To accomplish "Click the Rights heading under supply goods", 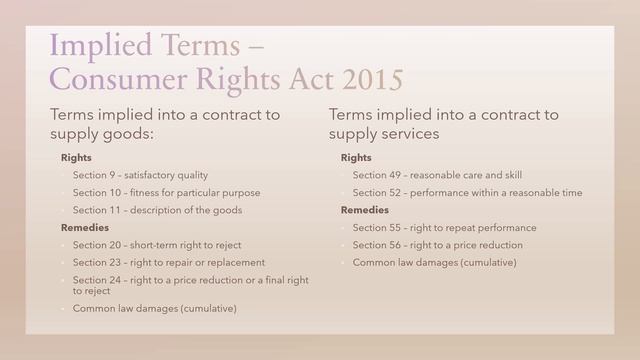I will click(x=77, y=158).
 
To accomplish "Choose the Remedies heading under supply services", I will click(x=365, y=210).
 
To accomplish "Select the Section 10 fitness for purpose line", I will click(x=166, y=192).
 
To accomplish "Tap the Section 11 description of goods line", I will click(x=157, y=210).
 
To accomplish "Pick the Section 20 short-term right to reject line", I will click(x=157, y=245).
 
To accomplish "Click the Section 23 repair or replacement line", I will click(x=168, y=262).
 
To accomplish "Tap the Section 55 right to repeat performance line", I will click(x=444, y=227).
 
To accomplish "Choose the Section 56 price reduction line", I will click(x=437, y=245).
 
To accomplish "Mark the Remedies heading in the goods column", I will click(x=86, y=227).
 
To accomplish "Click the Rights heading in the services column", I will click(x=356, y=158).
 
